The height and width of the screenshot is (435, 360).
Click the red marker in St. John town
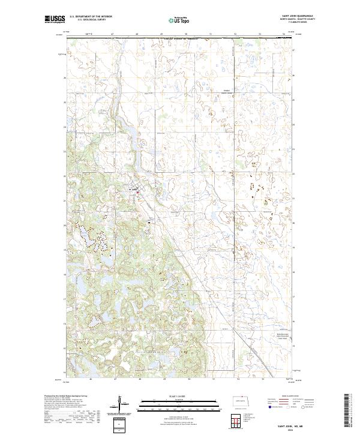(139, 193)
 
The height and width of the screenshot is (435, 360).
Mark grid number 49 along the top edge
(162, 35)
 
